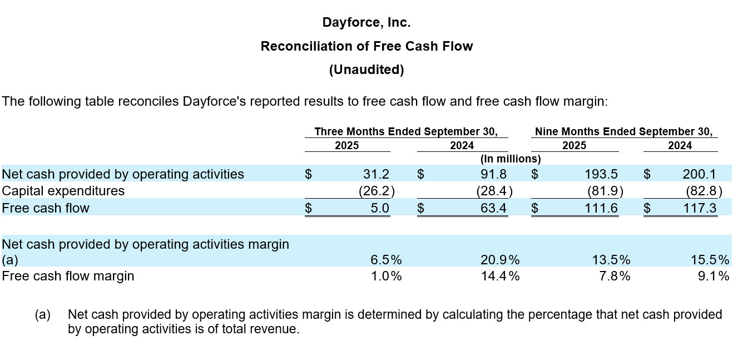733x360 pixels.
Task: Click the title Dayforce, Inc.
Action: pos(366,23)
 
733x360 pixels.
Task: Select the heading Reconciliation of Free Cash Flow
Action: pos(367,46)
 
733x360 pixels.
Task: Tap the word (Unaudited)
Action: pos(367,70)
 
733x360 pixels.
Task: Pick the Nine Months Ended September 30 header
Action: pos(623,132)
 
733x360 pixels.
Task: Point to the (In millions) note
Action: pos(511,159)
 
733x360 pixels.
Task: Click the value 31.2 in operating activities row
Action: pos(376,174)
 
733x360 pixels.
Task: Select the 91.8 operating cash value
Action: pos(494,174)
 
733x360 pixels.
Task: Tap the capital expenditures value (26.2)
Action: pos(377,191)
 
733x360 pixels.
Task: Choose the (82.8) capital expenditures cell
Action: pos(704,191)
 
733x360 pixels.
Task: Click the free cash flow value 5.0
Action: pos(380,208)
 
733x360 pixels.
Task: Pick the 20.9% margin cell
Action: pos(500,260)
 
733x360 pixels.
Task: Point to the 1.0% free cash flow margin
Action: pos(387,276)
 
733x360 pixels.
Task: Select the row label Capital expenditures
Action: pos(63,191)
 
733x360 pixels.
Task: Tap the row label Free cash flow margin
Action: pos(68,276)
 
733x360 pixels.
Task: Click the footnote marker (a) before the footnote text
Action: pos(43,315)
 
